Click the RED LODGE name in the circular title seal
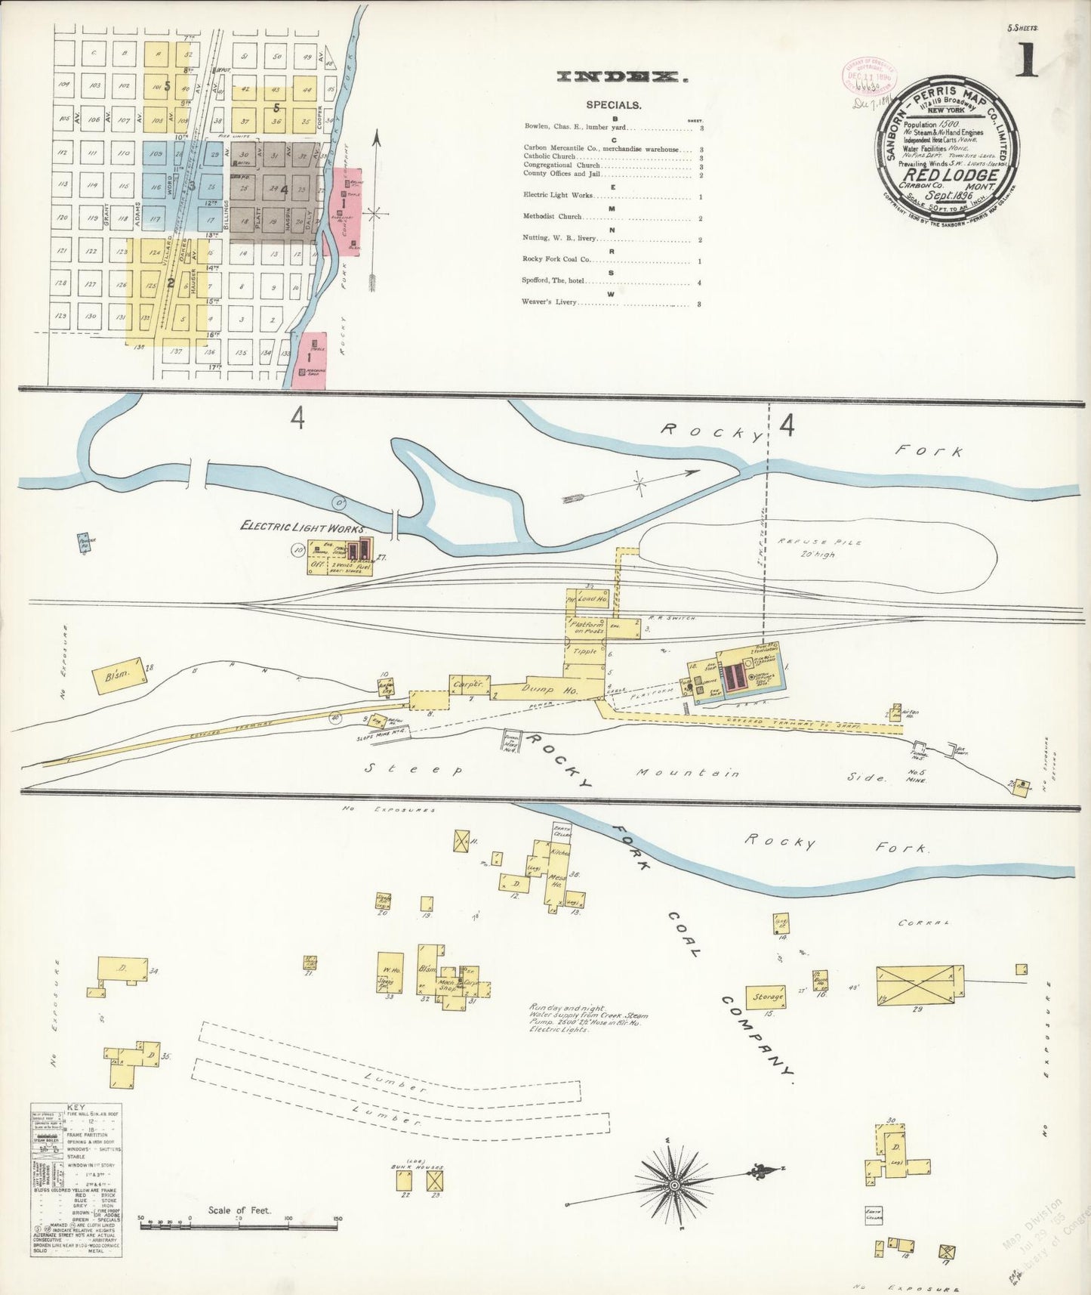[x=950, y=175]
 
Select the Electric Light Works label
[x=302, y=528]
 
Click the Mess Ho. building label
[x=557, y=882]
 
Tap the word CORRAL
[x=923, y=923]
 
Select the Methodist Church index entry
[x=554, y=217]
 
